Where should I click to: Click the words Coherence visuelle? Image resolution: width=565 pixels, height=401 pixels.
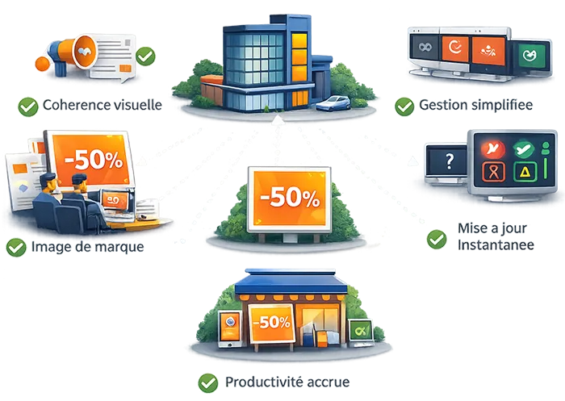pyautogui.click(x=103, y=105)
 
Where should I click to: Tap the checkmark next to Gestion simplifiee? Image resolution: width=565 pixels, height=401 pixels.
pyautogui.click(x=404, y=107)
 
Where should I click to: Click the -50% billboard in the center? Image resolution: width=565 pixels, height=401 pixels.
pyautogui.click(x=289, y=197)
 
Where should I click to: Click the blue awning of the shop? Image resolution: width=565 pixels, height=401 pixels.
pyautogui.click(x=290, y=282)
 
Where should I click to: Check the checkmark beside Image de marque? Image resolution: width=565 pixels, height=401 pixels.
pyautogui.click(x=15, y=247)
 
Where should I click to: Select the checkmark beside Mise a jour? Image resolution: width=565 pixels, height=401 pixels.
pyautogui.click(x=437, y=238)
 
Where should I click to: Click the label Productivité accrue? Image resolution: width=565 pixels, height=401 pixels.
pyautogui.click(x=287, y=382)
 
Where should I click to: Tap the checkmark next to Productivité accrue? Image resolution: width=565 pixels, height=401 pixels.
pyautogui.click(x=208, y=382)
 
